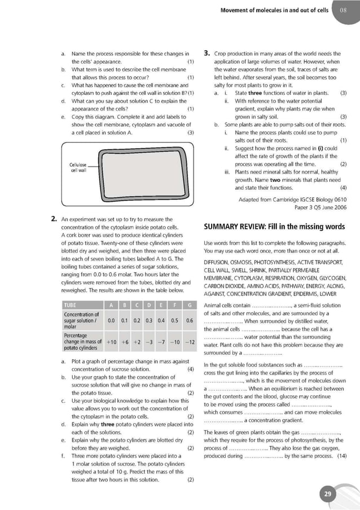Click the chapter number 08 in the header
pyautogui.click(x=343, y=10)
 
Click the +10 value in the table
pyautogui.click(x=112, y=342)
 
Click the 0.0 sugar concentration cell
pyautogui.click(x=112, y=320)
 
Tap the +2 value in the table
pyautogui.click(x=137, y=342)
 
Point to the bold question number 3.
pyautogui.click(x=207, y=54)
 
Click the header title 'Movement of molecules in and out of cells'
pyautogui.click(x=274, y=10)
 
